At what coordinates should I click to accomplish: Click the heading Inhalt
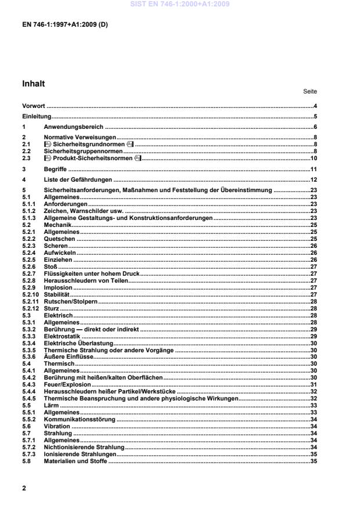(33, 84)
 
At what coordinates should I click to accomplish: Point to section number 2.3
(26, 158)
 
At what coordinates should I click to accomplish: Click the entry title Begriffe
(56, 168)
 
